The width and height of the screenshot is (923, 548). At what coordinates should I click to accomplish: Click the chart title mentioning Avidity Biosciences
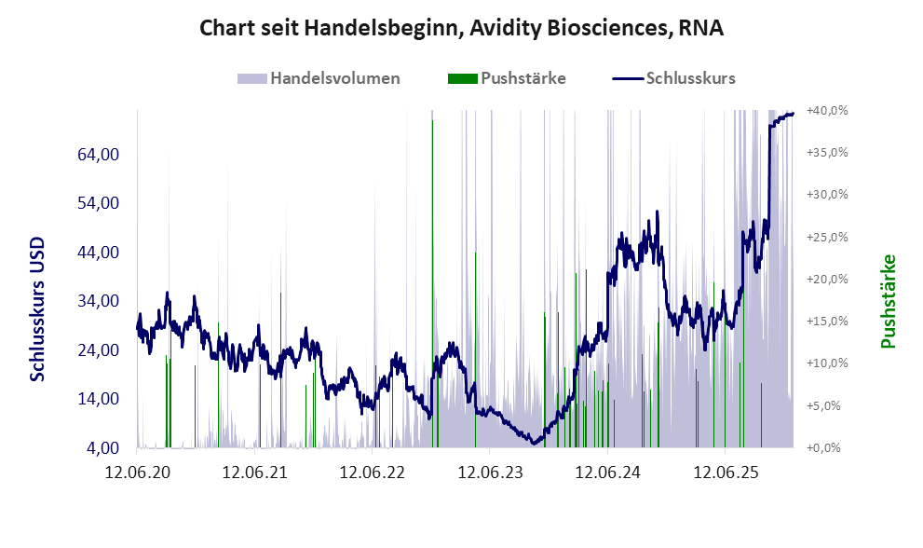462,29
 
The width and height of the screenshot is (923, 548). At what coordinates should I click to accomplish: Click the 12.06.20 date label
138,473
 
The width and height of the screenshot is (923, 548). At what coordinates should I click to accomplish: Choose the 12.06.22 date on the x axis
373,473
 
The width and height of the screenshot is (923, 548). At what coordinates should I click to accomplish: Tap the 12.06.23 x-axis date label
490,473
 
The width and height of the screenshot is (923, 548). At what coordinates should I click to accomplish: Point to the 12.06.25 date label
725,473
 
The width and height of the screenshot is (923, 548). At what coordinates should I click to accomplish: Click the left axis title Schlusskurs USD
38,309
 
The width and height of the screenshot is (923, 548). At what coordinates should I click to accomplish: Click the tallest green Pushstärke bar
432,280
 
